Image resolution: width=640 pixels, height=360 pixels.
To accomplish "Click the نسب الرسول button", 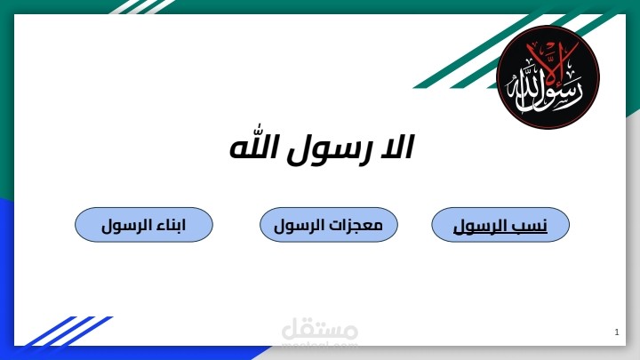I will pos(500,225).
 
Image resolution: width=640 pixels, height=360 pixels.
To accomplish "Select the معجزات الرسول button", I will pos(328,225).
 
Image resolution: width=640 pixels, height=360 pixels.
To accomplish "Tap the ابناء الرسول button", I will pos(143,225).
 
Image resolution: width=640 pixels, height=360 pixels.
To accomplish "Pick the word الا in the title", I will pos(394,148).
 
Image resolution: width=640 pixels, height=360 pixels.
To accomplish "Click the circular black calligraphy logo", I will pos(548,77).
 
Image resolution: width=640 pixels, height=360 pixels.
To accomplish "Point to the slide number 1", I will pos(616,332).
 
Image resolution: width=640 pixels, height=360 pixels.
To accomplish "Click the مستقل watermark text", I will pos(320,332).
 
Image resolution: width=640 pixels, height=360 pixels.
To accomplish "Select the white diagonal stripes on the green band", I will pos(142,7).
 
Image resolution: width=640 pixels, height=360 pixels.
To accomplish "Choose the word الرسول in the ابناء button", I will pos(125,226).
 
